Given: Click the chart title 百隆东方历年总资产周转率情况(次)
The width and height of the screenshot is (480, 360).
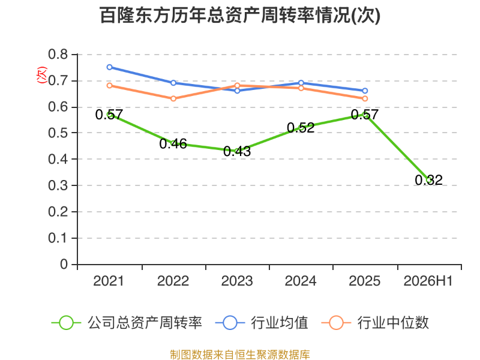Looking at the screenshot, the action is click(x=240, y=16).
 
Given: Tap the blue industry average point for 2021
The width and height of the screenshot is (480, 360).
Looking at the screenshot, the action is click(x=109, y=67).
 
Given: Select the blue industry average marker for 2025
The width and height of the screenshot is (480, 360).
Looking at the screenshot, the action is click(x=365, y=91).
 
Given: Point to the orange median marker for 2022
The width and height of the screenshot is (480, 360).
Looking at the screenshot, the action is click(x=173, y=98).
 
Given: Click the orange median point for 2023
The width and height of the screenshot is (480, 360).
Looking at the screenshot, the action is click(x=237, y=85).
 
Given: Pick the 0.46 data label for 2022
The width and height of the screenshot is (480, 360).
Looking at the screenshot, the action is click(x=173, y=143).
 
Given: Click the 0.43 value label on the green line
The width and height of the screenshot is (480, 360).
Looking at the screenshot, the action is click(x=237, y=151).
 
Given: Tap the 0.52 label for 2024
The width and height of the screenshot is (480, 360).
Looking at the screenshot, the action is click(x=301, y=128).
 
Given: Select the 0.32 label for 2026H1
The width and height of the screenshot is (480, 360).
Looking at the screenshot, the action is click(x=428, y=180).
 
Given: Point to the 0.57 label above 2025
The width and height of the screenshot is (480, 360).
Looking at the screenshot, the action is click(x=365, y=115).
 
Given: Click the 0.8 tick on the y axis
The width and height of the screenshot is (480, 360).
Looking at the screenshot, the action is click(x=58, y=54).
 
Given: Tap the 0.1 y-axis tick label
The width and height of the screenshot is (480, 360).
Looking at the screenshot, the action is click(x=58, y=238).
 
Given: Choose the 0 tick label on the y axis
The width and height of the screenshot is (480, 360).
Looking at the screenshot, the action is click(x=64, y=264).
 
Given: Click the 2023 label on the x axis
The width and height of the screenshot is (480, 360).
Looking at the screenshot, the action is click(x=237, y=281).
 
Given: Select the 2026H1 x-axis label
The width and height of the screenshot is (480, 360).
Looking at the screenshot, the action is click(x=428, y=281).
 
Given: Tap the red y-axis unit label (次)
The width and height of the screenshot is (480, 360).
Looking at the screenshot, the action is click(x=41, y=75).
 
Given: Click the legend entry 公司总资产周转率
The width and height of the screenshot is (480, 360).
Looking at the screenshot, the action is click(x=127, y=323).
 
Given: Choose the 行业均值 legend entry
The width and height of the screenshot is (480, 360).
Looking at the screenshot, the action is click(x=262, y=323).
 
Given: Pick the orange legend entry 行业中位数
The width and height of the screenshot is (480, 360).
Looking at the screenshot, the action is click(x=375, y=323).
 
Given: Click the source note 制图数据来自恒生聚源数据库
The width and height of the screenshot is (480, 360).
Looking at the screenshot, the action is click(x=240, y=355).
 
